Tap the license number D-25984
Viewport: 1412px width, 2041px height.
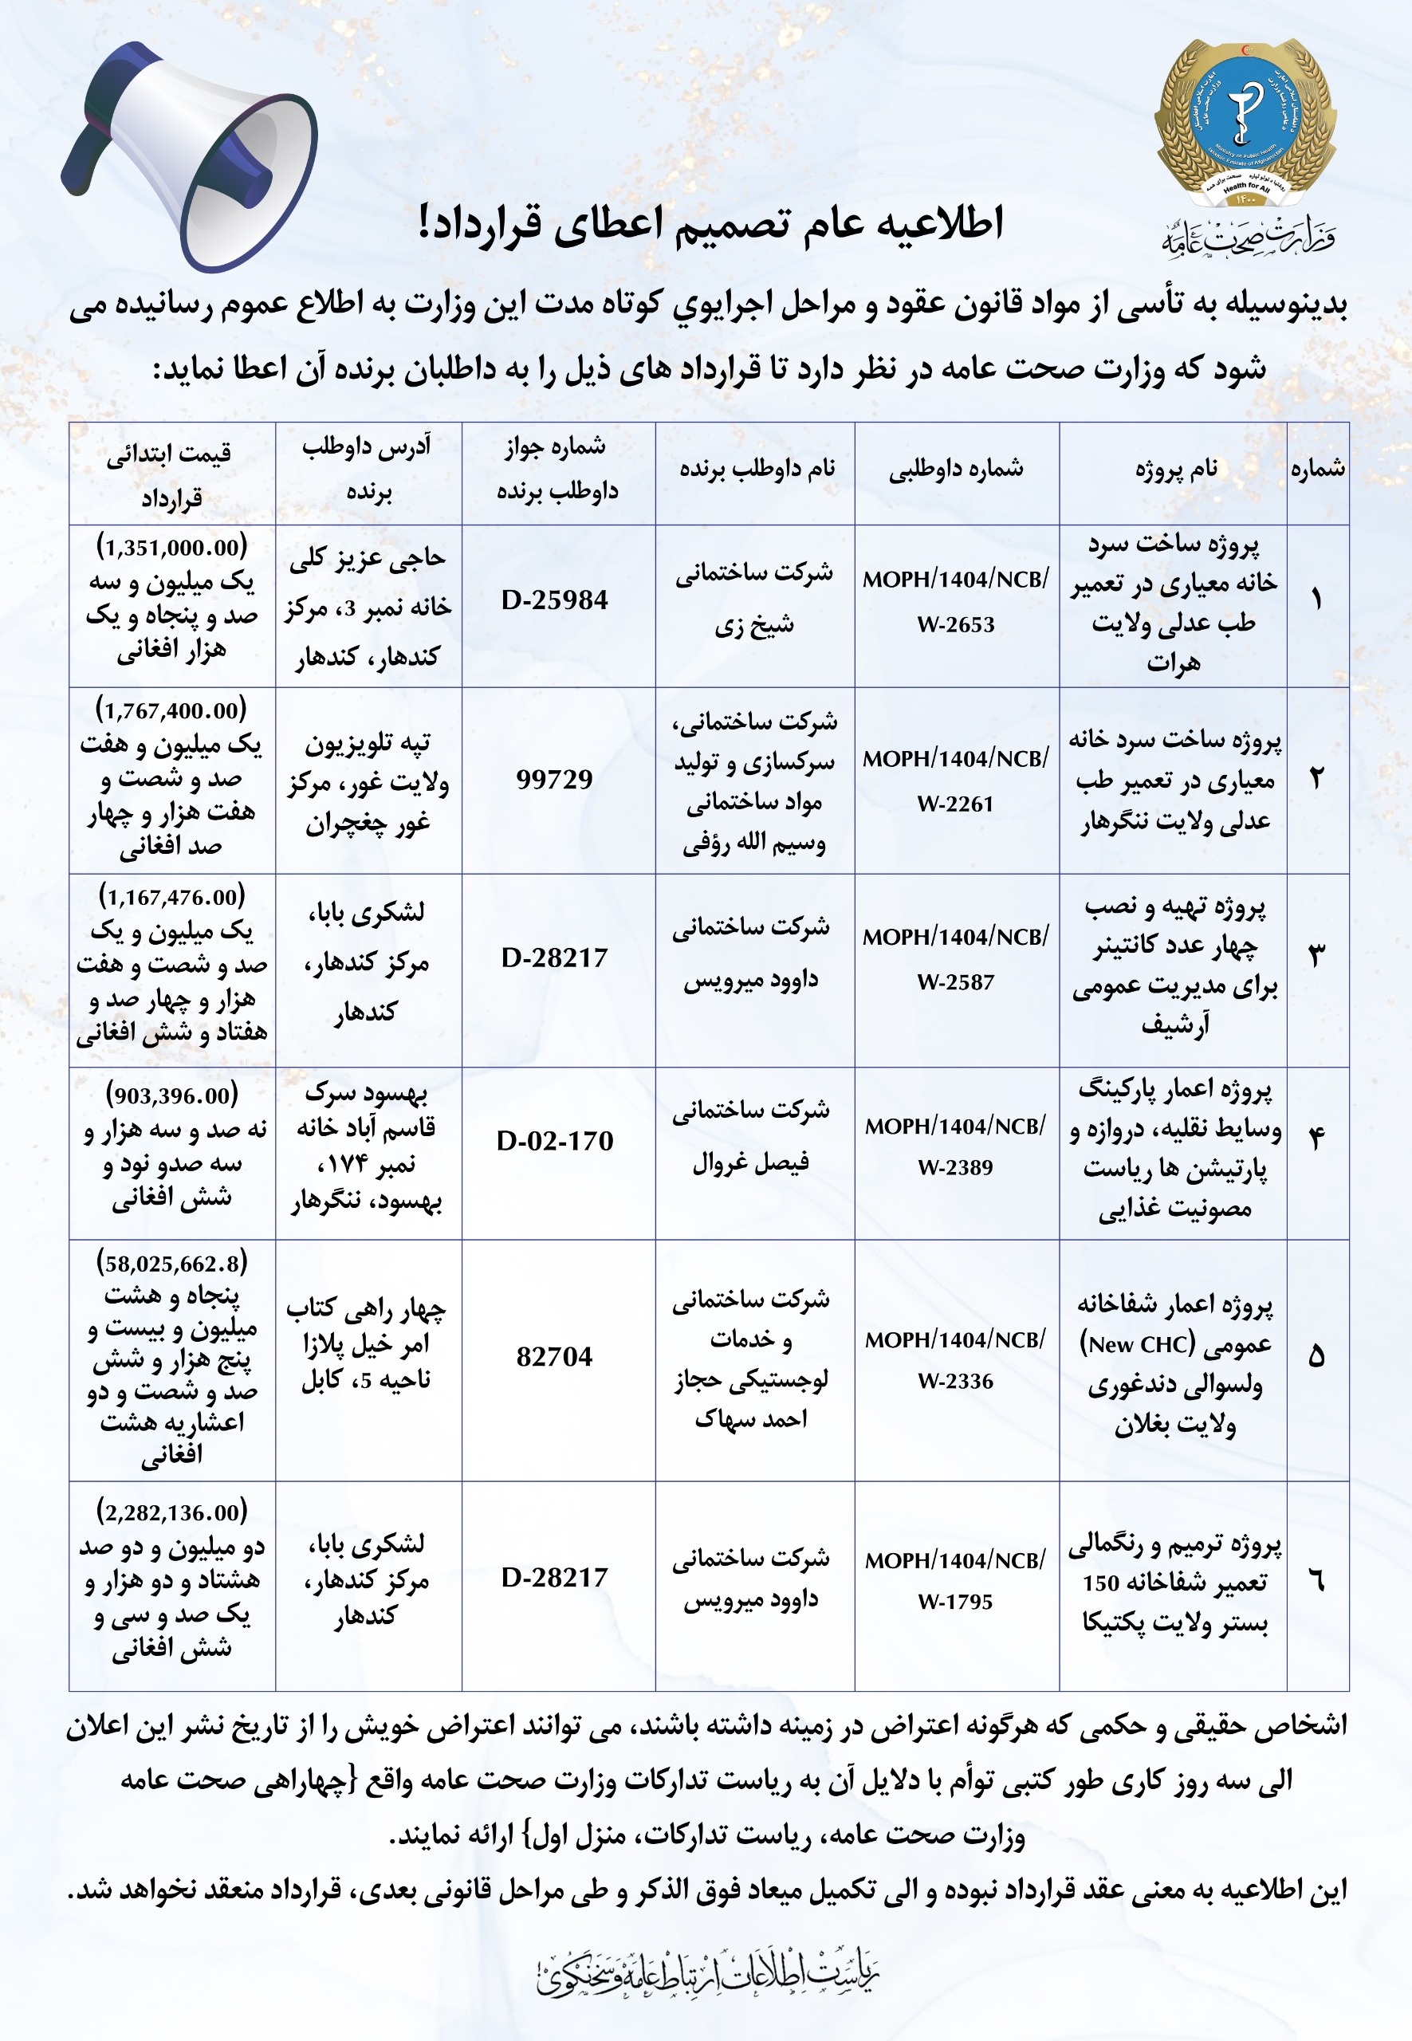tap(555, 600)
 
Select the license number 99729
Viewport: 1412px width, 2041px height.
tap(555, 780)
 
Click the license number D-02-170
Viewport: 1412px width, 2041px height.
tap(555, 1141)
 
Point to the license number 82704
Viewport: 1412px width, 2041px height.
tap(555, 1357)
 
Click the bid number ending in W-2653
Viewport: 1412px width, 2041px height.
tap(955, 602)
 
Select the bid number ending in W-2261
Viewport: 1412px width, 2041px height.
tap(955, 781)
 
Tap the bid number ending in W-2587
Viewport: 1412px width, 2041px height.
tap(955, 959)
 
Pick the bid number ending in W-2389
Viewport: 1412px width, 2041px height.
tap(955, 1146)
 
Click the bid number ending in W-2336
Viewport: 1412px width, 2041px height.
tap(955, 1361)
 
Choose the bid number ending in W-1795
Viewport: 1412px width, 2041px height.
tap(955, 1581)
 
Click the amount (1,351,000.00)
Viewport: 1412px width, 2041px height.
tap(171, 548)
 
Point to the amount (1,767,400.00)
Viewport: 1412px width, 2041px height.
tap(171, 710)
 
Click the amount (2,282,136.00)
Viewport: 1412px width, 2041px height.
tap(171, 1512)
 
